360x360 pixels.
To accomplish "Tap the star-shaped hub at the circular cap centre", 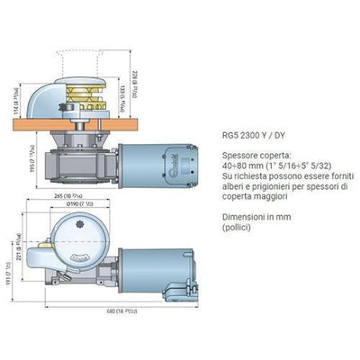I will pyautogui.click(x=67, y=236).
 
